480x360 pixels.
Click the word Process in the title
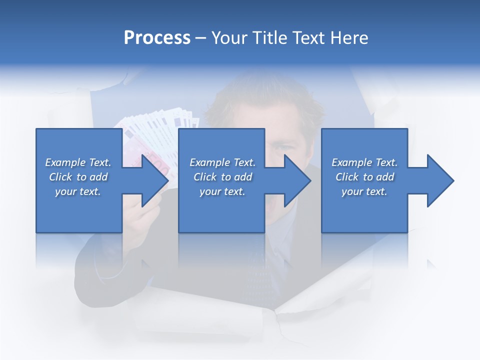coord(157,38)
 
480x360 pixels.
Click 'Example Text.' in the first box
coord(78,162)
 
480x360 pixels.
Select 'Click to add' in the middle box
coord(222,177)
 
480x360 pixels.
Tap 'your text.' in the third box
coord(364,191)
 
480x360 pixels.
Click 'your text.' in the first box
coord(78,191)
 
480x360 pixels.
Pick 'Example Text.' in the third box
coord(364,162)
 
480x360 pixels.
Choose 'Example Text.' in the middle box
coord(222,162)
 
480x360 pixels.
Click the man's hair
coord(265,100)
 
